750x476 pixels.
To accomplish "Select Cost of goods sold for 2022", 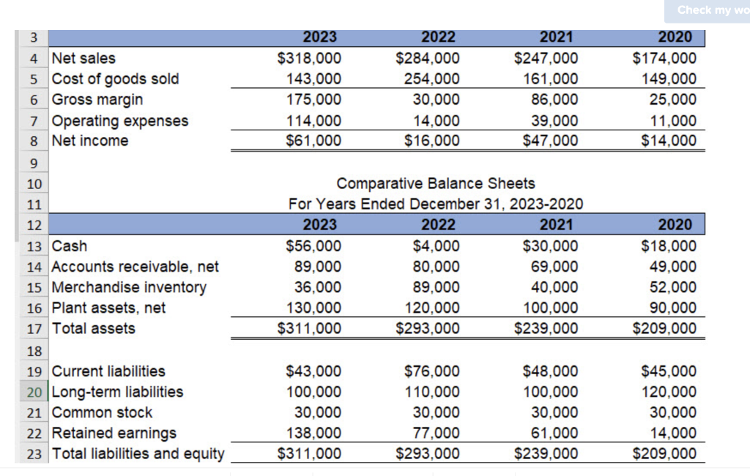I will pyautogui.click(x=431, y=78).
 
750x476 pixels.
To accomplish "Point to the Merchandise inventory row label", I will pyautogui.click(x=129, y=287).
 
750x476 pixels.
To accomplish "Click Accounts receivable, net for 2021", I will pyautogui.click(x=553, y=267).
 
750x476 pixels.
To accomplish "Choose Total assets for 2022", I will pyautogui.click(x=428, y=328).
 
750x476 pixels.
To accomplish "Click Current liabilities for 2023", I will pyautogui.click(x=313, y=371).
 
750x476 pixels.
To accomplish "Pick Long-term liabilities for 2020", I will pyautogui.click(x=669, y=392).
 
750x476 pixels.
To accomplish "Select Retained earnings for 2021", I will pyautogui.click(x=553, y=433).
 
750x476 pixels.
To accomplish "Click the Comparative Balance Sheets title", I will pyautogui.click(x=436, y=183).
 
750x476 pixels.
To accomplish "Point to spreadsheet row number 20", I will pyautogui.click(x=34, y=392).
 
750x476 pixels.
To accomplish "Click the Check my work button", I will pyautogui.click(x=708, y=10).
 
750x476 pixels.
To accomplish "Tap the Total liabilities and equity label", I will pyautogui.click(x=138, y=453).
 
